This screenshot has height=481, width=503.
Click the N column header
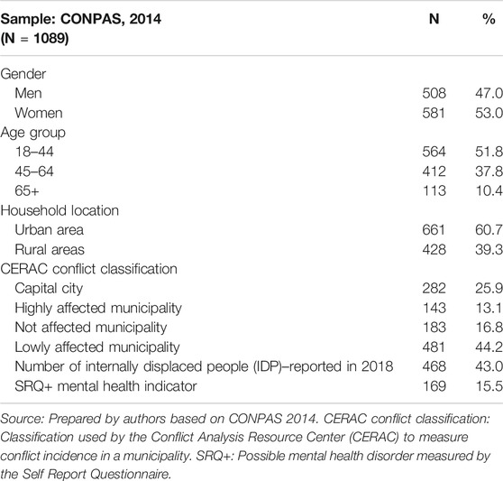click(434, 19)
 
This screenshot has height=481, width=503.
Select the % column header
click(489, 19)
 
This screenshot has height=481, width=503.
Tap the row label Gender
click(23, 74)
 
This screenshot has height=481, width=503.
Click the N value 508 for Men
click(434, 94)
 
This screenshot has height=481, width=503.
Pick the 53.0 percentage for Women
click(489, 113)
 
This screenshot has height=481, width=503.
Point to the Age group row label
click(33, 133)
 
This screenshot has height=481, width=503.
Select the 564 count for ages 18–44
click(434, 152)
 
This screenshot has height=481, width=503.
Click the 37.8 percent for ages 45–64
click(489, 171)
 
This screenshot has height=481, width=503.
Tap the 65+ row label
click(27, 191)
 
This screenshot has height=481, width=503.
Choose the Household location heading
click(59, 210)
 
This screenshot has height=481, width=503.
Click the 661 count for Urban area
click(434, 230)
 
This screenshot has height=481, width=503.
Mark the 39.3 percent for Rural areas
click(489, 249)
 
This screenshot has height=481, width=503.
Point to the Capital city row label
click(49, 289)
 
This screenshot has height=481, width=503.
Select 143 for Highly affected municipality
click(434, 308)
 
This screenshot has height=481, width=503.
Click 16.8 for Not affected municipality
click(489, 328)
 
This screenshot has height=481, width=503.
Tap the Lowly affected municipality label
click(97, 347)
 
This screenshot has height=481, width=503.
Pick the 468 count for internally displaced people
click(434, 366)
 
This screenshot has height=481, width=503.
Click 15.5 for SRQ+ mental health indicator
click(489, 386)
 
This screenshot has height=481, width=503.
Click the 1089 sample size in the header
click(50, 39)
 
